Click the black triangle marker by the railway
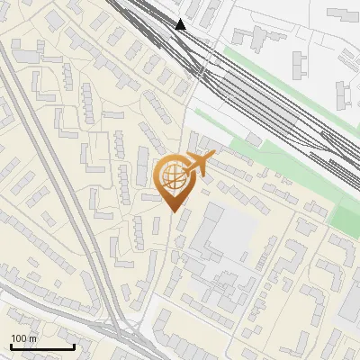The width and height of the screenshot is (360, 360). (x=181, y=24)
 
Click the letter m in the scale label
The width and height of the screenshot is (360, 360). (x=33, y=338)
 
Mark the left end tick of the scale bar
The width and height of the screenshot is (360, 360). (x=10, y=346)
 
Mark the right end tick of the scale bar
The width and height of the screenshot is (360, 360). (x=74, y=346)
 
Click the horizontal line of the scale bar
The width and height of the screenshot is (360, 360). (x=41, y=347)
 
